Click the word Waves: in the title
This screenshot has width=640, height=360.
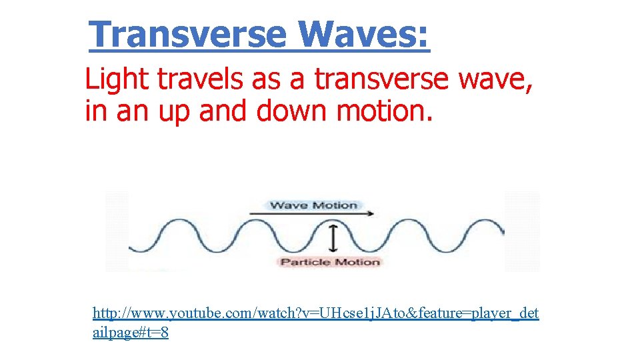click(x=364, y=34)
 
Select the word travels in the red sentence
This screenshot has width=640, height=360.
click(x=200, y=80)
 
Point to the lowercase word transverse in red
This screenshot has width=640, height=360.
click(x=382, y=80)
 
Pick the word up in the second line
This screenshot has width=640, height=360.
click(x=175, y=111)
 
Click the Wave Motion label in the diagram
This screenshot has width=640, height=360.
click(x=313, y=205)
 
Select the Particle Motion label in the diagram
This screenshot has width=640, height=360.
click(x=330, y=262)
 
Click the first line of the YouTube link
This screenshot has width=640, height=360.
click(x=315, y=313)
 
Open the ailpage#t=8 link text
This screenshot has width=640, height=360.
click(x=130, y=333)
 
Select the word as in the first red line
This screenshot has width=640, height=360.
click(x=265, y=80)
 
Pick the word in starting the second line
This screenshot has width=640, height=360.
click(x=96, y=111)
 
